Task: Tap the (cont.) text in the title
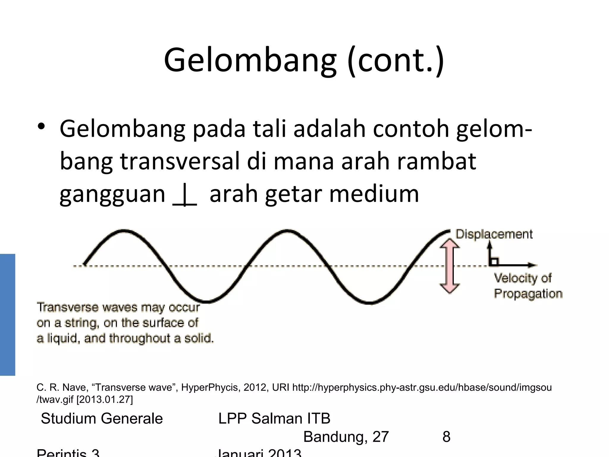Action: pos(395,61)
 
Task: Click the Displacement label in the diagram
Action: pos(494,234)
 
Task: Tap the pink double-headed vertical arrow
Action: pos(450,266)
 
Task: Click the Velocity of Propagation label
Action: pos(528,286)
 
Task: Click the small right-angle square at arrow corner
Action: pos(494,262)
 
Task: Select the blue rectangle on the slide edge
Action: pos(7,314)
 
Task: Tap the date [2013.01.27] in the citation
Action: pos(104,399)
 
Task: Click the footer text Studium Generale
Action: pos(102,419)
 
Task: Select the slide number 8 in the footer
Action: pos(446,437)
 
